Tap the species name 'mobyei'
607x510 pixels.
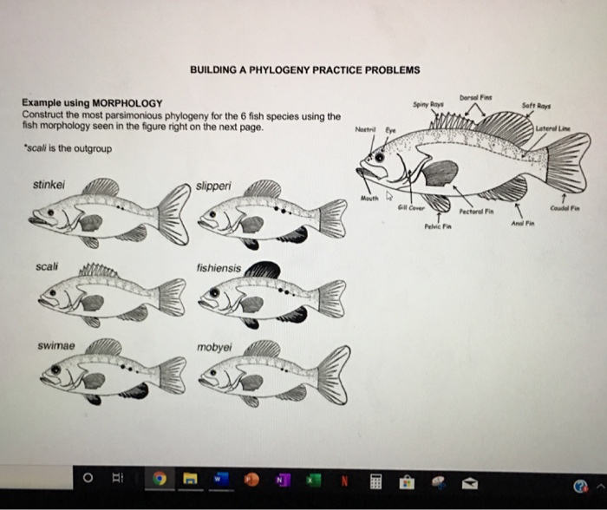[x=214, y=348]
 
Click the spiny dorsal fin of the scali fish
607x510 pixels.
[x=98, y=272]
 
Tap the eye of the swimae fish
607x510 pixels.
[x=54, y=372]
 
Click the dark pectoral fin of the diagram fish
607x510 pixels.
[x=441, y=171]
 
